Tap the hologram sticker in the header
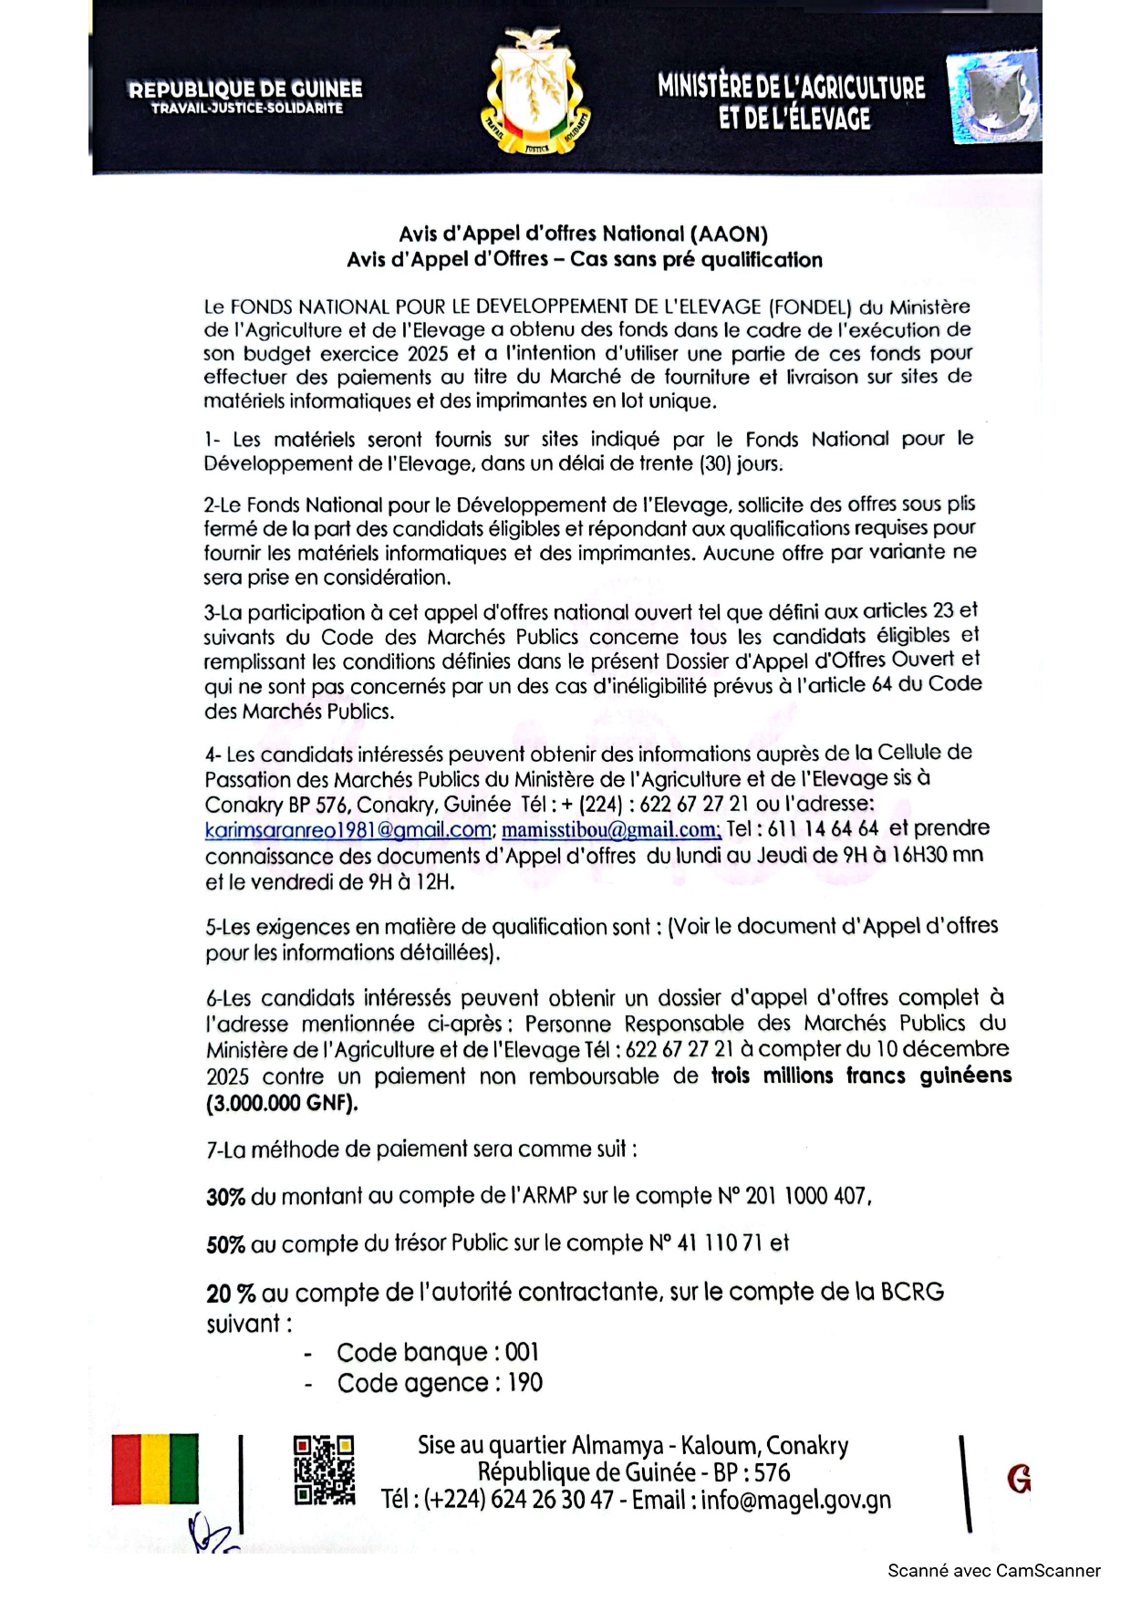(x=992, y=98)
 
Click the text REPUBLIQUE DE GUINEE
(x=245, y=89)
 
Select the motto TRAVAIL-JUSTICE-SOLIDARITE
(x=247, y=109)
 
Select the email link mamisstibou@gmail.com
(x=611, y=830)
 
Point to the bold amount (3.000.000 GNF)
(x=282, y=1103)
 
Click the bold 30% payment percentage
(x=225, y=1197)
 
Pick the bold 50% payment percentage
(x=225, y=1244)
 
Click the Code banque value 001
(x=522, y=1352)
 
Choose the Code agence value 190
(x=524, y=1383)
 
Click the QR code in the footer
(x=324, y=1471)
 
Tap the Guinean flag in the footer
(x=155, y=1469)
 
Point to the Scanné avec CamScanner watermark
(x=993, y=1571)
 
